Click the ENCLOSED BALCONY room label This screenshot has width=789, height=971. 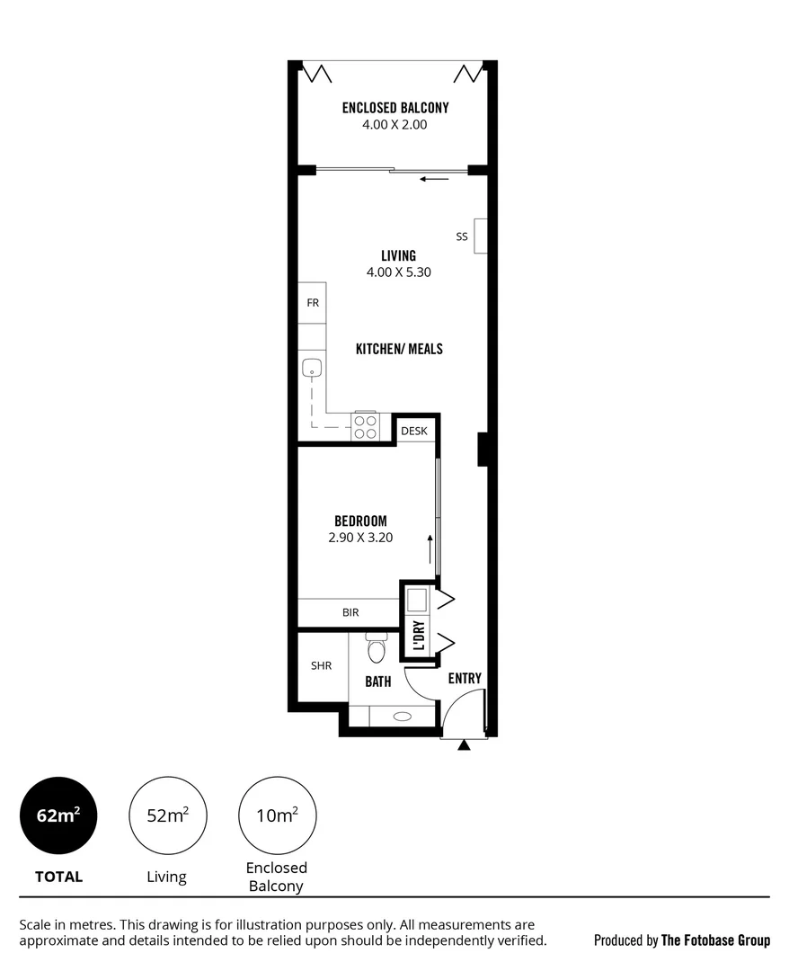click(x=394, y=108)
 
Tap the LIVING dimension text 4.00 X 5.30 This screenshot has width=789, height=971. click(x=398, y=272)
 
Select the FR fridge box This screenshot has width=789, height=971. click(x=312, y=303)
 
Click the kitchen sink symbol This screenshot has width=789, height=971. click(x=312, y=367)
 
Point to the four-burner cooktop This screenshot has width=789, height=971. click(x=365, y=426)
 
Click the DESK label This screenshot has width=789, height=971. click(x=414, y=432)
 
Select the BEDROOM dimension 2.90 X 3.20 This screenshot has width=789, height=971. click(x=360, y=538)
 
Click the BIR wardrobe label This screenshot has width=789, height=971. click(x=350, y=612)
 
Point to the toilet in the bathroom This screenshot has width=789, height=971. click(x=376, y=646)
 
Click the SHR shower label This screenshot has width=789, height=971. click(x=321, y=666)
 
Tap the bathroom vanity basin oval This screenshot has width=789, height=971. click(x=403, y=717)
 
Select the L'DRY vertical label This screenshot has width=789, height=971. click(x=419, y=636)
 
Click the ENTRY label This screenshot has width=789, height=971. click(x=465, y=679)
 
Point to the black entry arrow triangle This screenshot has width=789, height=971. click(x=464, y=745)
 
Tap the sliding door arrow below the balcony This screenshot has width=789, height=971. click(x=435, y=179)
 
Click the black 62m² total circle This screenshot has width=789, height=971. click(x=58, y=815)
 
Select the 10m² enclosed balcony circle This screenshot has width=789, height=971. click(x=277, y=815)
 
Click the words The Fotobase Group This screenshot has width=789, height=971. click(x=715, y=940)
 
